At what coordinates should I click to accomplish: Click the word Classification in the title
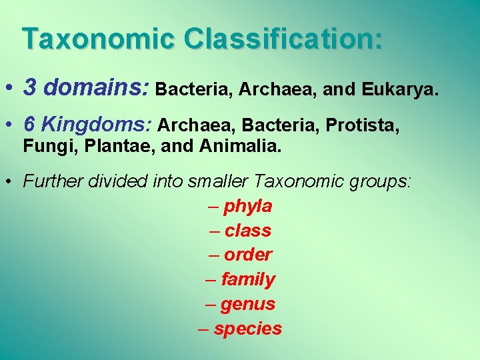[x=284, y=39]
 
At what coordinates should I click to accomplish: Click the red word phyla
[x=247, y=207]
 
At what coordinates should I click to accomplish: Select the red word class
[x=248, y=231]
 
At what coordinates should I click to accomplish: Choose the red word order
[x=248, y=255]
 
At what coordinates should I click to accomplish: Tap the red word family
[x=247, y=279]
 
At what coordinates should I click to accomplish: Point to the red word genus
[x=247, y=304]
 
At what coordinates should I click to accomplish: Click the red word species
[x=248, y=329]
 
